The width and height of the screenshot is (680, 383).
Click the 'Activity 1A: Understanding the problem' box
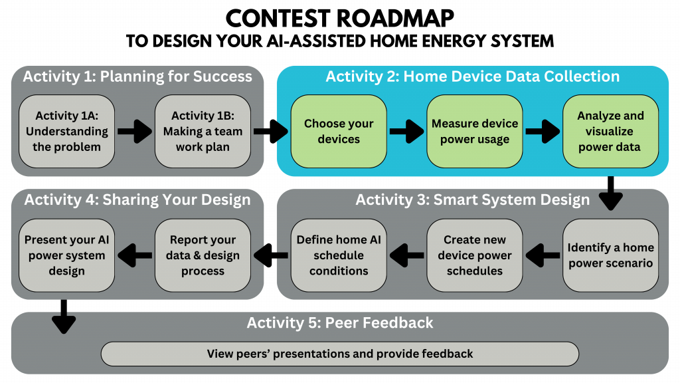click(x=66, y=131)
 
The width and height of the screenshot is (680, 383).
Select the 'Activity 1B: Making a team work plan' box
click(x=203, y=131)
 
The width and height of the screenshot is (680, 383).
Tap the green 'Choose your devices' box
click(x=339, y=131)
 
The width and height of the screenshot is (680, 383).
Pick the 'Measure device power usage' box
click(x=475, y=131)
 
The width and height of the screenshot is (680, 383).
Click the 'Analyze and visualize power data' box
click(x=610, y=131)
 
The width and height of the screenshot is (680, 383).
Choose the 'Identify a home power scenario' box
click(x=610, y=255)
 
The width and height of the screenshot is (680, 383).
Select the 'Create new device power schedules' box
click(x=475, y=255)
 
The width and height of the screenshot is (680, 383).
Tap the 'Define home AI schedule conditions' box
click(x=339, y=255)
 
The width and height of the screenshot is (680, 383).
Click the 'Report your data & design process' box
click(x=203, y=255)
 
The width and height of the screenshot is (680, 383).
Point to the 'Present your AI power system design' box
click(x=66, y=255)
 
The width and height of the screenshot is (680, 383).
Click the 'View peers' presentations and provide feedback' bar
click(x=339, y=354)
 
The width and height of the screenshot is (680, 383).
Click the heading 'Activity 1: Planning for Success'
click(x=137, y=76)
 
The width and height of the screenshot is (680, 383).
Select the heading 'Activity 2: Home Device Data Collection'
click(x=472, y=76)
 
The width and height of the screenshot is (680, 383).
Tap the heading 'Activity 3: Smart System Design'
click(x=472, y=199)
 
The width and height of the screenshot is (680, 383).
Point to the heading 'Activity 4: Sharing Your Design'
click(x=137, y=199)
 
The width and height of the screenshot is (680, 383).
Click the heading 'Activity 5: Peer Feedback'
click(x=339, y=323)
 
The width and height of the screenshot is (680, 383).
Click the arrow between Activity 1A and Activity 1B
click(x=134, y=132)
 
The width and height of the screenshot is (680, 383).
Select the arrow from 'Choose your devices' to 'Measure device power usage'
click(x=406, y=132)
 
